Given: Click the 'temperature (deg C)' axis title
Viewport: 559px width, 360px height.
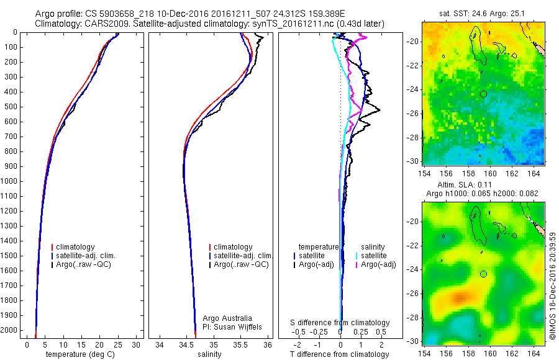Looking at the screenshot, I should pyautogui.click(x=79, y=354).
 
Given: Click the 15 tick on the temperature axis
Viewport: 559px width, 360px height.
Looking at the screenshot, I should pyautogui.click(x=81, y=344).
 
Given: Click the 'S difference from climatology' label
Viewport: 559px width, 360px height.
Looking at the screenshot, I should pyautogui.click(x=340, y=323).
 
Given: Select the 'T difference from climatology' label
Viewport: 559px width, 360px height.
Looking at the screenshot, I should pyautogui.click(x=340, y=354).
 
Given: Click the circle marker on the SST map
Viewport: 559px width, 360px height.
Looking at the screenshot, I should pyautogui.click(x=483, y=94).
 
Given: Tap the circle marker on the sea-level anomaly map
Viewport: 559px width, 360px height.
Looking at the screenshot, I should pyautogui.click(x=483, y=274).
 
